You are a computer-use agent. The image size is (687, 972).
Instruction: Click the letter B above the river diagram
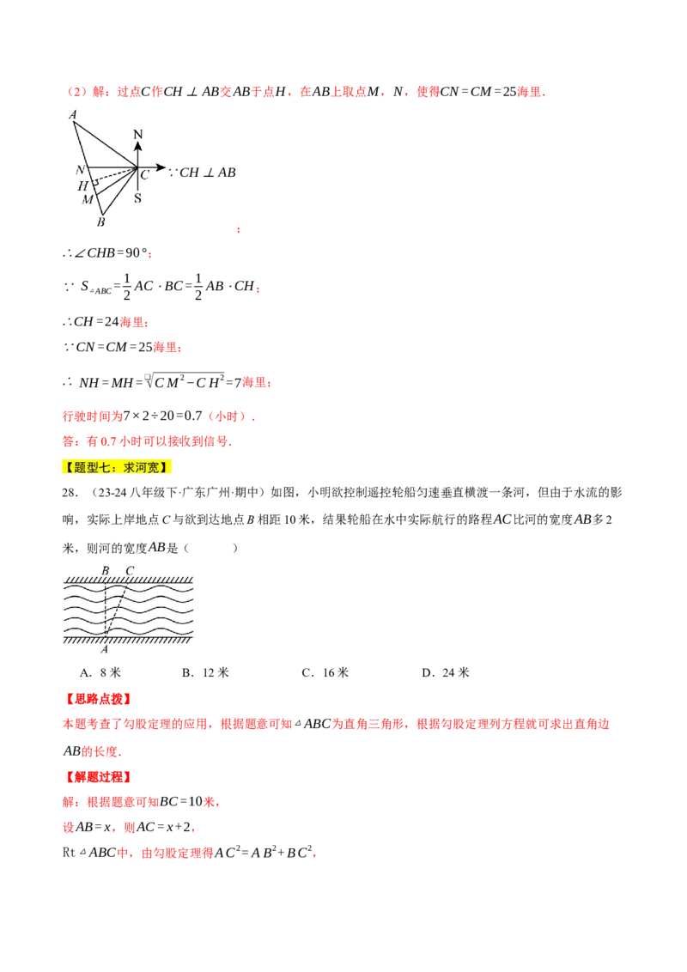pos(106,571)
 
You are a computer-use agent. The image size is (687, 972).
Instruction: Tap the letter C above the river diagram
pos(130,571)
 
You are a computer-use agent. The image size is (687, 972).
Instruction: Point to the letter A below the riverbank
pos(105,649)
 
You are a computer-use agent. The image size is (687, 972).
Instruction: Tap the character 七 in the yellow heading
pos(107,466)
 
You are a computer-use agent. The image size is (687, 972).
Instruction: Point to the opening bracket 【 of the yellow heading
pos(68,466)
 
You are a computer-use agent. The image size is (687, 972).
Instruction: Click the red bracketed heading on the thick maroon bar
pos(98,699)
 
